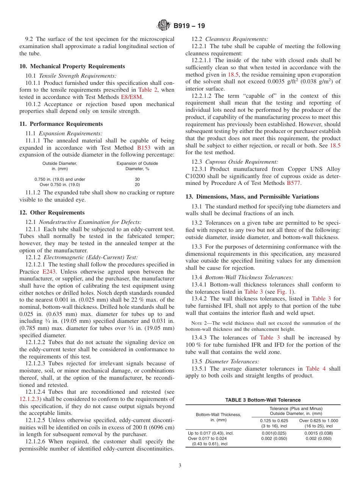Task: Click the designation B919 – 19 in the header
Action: pos(189,26)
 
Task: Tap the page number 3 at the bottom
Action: pos(180,466)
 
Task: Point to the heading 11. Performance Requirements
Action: pos(61,124)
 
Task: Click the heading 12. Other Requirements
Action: pos(52,213)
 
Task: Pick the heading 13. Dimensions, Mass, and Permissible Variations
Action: pos(252,197)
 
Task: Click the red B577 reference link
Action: pos(294,183)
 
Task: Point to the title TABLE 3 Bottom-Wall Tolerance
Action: pos(263,400)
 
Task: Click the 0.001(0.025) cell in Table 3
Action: pos(274,433)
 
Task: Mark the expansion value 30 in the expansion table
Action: pos(137,179)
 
